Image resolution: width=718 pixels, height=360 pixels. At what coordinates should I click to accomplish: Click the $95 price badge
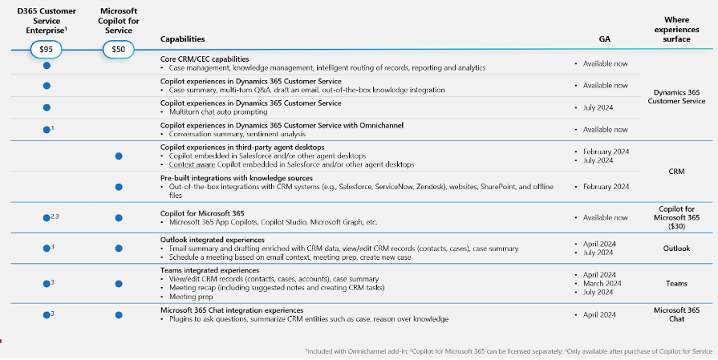click(x=46, y=50)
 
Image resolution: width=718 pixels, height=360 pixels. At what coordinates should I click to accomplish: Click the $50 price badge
click(x=118, y=50)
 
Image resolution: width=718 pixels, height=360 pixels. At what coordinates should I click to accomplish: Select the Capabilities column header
click(x=182, y=38)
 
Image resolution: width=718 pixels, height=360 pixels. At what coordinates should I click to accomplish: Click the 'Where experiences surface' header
click(x=676, y=29)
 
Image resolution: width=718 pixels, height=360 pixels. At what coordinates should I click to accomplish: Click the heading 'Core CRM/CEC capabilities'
click(x=205, y=59)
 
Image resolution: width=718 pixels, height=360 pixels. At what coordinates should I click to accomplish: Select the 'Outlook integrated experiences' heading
click(x=212, y=240)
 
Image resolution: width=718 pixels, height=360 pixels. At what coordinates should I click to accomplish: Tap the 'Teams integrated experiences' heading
click(x=209, y=270)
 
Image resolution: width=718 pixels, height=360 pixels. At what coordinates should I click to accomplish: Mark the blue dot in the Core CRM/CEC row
click(x=47, y=65)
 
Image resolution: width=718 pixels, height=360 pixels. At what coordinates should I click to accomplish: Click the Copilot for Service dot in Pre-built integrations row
click(x=119, y=187)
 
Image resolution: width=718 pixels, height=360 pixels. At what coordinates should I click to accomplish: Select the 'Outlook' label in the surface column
click(x=676, y=249)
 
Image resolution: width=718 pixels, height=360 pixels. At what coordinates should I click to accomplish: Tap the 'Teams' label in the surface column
click(x=676, y=283)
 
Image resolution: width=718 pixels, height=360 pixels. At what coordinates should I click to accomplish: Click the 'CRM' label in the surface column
click(x=676, y=171)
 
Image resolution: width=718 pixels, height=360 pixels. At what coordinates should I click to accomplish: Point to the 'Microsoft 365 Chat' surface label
click(x=676, y=314)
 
